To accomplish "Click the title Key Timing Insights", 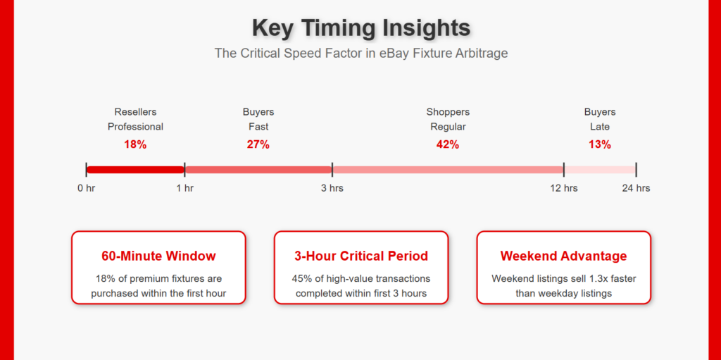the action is point(361,27).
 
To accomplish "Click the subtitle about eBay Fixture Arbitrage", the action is point(361,54).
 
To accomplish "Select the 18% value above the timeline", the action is point(135,144).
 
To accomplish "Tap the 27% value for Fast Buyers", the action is point(258,144).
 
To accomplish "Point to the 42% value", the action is point(448,144).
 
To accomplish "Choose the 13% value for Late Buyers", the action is point(600,144).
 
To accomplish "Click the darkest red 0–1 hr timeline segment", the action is point(135,170).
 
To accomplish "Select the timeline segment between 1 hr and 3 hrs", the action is point(258,170).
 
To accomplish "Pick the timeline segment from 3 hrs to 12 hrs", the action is point(448,170).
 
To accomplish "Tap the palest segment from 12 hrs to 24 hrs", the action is point(600,170).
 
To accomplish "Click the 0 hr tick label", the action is point(86,188).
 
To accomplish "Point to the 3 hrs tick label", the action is point(332,188).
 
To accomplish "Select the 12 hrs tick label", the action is point(564,188).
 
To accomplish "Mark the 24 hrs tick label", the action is point(636,188).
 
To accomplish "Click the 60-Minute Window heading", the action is point(158,256).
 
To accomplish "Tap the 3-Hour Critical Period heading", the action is point(361,256).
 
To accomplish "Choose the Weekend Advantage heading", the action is point(564,256).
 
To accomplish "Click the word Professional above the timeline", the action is point(135,127).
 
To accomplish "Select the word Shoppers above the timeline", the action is point(448,112).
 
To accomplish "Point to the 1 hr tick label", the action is point(185,188).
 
